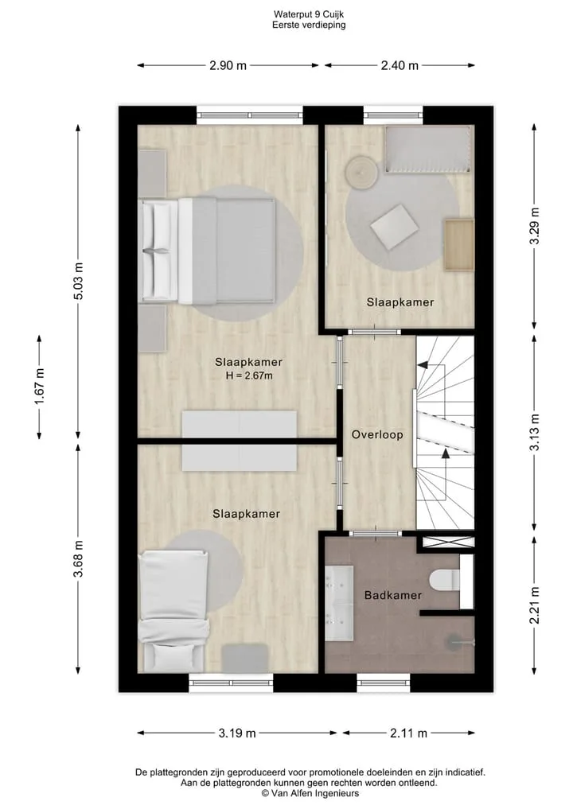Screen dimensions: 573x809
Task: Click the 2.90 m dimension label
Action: click(x=228, y=65)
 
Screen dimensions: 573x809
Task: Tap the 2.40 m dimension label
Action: click(x=400, y=65)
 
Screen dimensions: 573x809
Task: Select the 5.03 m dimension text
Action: click(x=78, y=281)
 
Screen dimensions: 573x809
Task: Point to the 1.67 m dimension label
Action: click(x=40, y=387)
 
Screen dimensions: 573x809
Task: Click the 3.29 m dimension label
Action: click(x=534, y=226)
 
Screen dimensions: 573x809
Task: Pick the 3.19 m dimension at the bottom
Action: click(x=237, y=733)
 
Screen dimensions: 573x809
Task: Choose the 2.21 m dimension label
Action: click(x=534, y=605)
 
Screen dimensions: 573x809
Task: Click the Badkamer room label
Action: click(x=393, y=595)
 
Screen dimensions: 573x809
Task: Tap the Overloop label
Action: click(x=377, y=434)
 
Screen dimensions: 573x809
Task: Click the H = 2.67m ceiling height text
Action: click(x=249, y=375)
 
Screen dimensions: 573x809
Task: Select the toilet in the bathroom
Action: click(x=444, y=580)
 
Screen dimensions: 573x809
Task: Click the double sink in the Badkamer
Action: click(x=339, y=596)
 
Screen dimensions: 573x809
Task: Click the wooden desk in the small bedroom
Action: click(x=459, y=244)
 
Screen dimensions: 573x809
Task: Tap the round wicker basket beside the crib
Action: click(x=362, y=173)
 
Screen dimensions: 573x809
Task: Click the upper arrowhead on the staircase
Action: click(x=423, y=365)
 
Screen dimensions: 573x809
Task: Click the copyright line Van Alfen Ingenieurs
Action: click(x=310, y=794)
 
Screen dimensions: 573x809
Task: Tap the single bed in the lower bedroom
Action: click(x=174, y=612)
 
